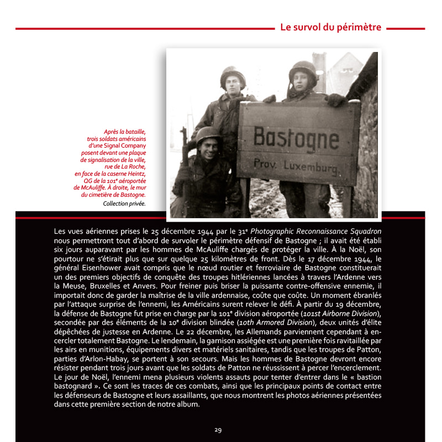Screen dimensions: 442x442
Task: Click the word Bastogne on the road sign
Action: click(x=296, y=138)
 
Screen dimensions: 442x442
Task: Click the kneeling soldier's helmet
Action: click(x=208, y=134)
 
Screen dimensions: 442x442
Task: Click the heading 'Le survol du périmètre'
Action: click(x=330, y=27)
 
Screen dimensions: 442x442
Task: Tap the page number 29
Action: click(x=218, y=429)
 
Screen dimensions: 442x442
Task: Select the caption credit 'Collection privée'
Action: click(x=124, y=203)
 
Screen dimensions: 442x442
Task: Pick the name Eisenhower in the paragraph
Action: click(x=98, y=268)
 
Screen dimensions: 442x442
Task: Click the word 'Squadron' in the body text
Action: click(x=361, y=230)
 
